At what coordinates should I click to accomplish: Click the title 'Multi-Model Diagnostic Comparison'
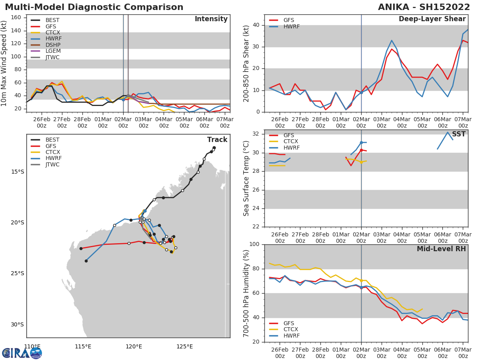click(94, 7)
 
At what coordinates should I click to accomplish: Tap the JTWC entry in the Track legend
click(52, 164)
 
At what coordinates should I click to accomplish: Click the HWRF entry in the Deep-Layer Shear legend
click(290, 27)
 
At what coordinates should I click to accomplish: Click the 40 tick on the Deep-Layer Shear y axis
click(256, 25)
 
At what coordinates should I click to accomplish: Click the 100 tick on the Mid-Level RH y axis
click(254, 244)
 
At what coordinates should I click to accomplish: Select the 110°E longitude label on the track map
click(32, 346)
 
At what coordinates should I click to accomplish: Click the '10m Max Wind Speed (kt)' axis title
click(4, 63)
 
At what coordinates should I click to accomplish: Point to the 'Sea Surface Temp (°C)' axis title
click(246, 178)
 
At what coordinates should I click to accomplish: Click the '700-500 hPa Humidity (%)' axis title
click(246, 293)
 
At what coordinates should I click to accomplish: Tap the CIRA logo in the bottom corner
click(22, 353)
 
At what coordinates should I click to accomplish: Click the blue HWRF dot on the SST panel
click(361, 142)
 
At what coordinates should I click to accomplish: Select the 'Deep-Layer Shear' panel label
click(432, 19)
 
